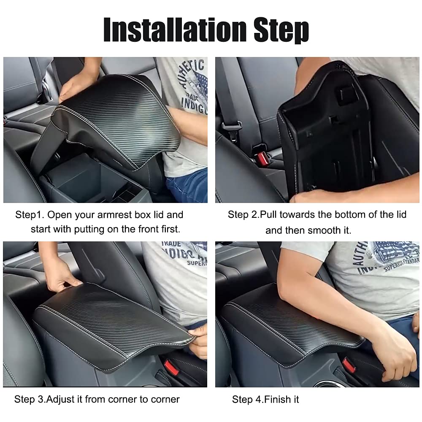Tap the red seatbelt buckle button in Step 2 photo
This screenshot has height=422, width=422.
coord(262,159)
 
